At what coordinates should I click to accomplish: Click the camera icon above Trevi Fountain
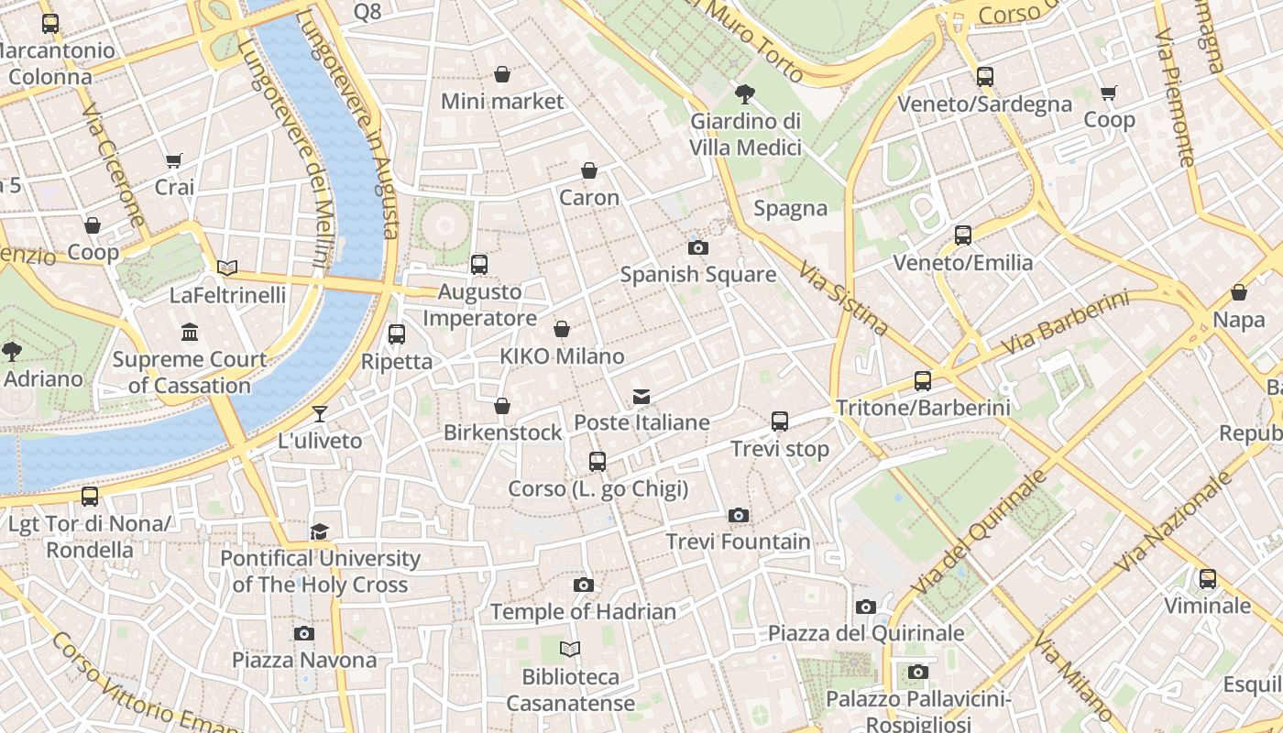click(739, 516)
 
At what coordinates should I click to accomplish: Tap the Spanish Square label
click(698, 274)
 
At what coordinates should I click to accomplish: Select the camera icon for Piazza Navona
click(304, 633)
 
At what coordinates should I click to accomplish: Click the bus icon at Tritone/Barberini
click(923, 381)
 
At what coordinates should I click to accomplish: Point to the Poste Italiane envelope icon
click(641, 397)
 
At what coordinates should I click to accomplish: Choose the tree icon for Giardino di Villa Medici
click(745, 93)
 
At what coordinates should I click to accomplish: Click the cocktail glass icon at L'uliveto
click(320, 414)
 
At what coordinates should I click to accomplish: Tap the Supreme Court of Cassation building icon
click(190, 332)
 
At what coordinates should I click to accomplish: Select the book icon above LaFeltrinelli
click(227, 268)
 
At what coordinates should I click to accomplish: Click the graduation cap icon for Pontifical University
click(319, 531)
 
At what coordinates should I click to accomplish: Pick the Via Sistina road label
click(843, 298)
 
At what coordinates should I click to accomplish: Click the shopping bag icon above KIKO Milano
click(562, 329)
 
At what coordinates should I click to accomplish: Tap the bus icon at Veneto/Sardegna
click(985, 77)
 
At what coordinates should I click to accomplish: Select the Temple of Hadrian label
click(583, 611)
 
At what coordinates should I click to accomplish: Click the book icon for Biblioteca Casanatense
click(570, 650)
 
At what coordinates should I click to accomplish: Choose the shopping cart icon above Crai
click(174, 160)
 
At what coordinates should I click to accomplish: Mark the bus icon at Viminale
click(1208, 579)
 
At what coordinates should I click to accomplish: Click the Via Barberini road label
click(1065, 323)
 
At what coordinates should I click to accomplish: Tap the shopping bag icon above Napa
click(1239, 292)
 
